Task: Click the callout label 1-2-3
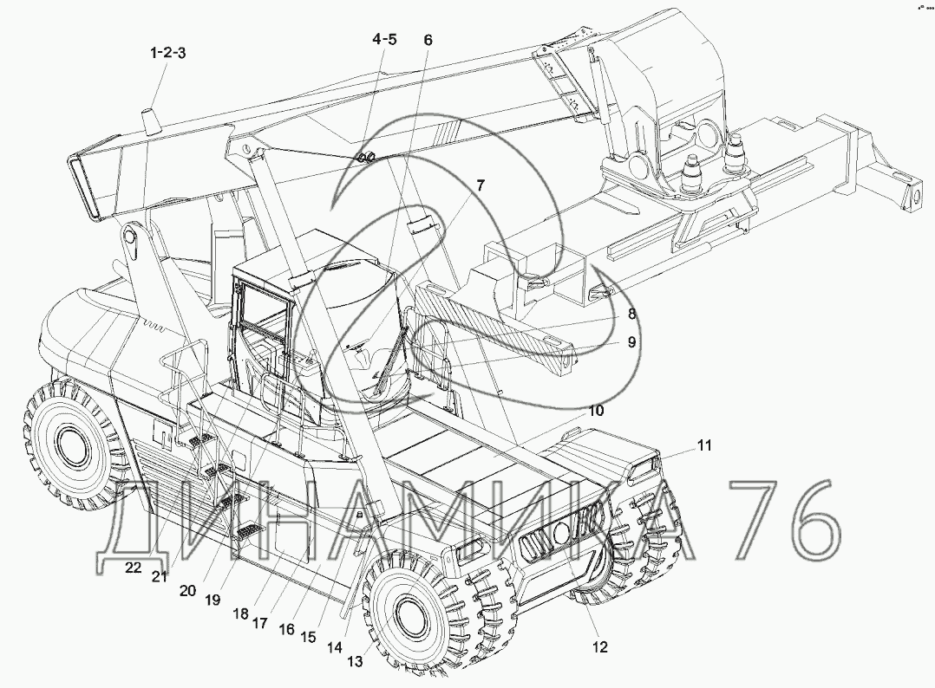pyautogui.click(x=167, y=53)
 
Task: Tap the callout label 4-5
pyautogui.click(x=384, y=39)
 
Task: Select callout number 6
pyautogui.click(x=428, y=40)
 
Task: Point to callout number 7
pyautogui.click(x=480, y=185)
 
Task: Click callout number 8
pyautogui.click(x=631, y=314)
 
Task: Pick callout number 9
pyautogui.click(x=631, y=342)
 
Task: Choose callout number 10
pyautogui.click(x=596, y=411)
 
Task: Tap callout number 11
pyautogui.click(x=704, y=445)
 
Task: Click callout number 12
pyautogui.click(x=599, y=647)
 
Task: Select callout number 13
pyautogui.click(x=355, y=662)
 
